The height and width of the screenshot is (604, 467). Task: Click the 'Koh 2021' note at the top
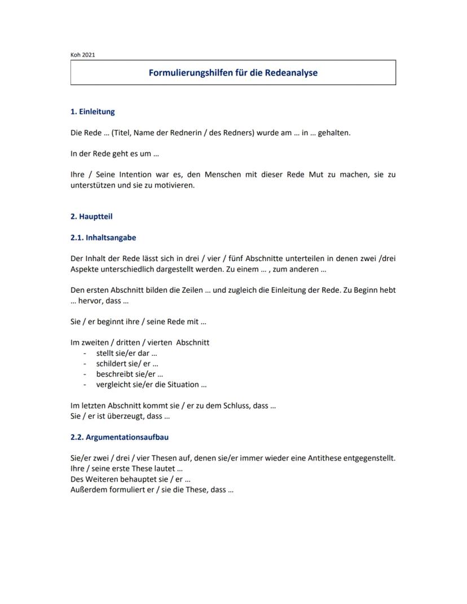click(83, 55)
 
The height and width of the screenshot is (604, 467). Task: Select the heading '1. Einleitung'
click(92, 112)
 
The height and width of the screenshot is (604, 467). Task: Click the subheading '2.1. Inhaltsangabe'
click(103, 238)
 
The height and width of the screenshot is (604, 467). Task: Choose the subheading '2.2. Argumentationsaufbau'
click(120, 437)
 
